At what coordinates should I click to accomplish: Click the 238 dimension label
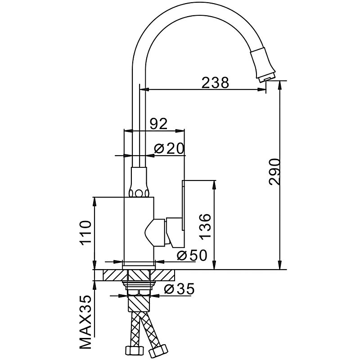coord(215,83)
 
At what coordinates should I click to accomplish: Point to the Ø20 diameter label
coord(169,149)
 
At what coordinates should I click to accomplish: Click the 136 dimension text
coord(206,225)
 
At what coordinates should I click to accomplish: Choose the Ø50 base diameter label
coord(192,255)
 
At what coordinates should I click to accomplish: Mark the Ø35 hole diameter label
coord(179,289)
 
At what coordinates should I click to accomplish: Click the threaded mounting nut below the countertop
coord(139,285)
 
